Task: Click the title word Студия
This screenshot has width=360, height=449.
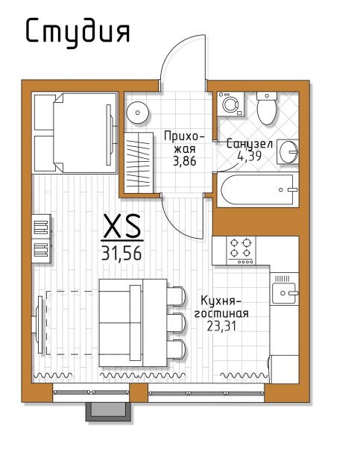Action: tap(78, 32)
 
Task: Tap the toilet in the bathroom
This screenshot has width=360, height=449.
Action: tap(267, 108)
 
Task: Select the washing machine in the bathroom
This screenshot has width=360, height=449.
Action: tap(230, 104)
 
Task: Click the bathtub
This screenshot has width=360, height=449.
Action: tap(258, 189)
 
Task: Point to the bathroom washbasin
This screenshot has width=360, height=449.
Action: tap(288, 151)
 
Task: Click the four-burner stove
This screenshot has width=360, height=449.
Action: tap(241, 251)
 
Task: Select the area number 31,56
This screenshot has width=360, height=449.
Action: tap(121, 253)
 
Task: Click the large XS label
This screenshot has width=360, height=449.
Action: tap(122, 227)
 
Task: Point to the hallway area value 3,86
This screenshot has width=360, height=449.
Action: tap(185, 161)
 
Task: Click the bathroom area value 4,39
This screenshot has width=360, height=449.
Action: tap(249, 156)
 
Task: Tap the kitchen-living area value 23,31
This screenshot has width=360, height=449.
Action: tap(222, 326)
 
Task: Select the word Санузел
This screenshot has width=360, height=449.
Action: tap(249, 144)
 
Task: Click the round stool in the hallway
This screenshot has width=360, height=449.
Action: tap(138, 113)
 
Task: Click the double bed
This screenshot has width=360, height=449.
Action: tap(75, 133)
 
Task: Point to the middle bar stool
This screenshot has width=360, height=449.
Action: tap(175, 323)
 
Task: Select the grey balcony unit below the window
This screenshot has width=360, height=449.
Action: tap(109, 412)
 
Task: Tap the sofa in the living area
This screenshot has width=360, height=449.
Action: tap(121, 323)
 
